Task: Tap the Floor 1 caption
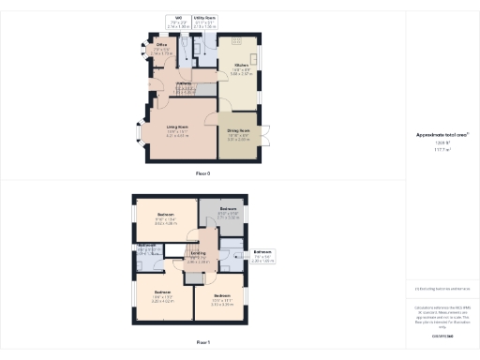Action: (203, 343)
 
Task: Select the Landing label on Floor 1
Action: (198, 254)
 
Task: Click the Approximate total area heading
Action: (442, 135)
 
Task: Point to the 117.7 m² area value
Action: (442, 150)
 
